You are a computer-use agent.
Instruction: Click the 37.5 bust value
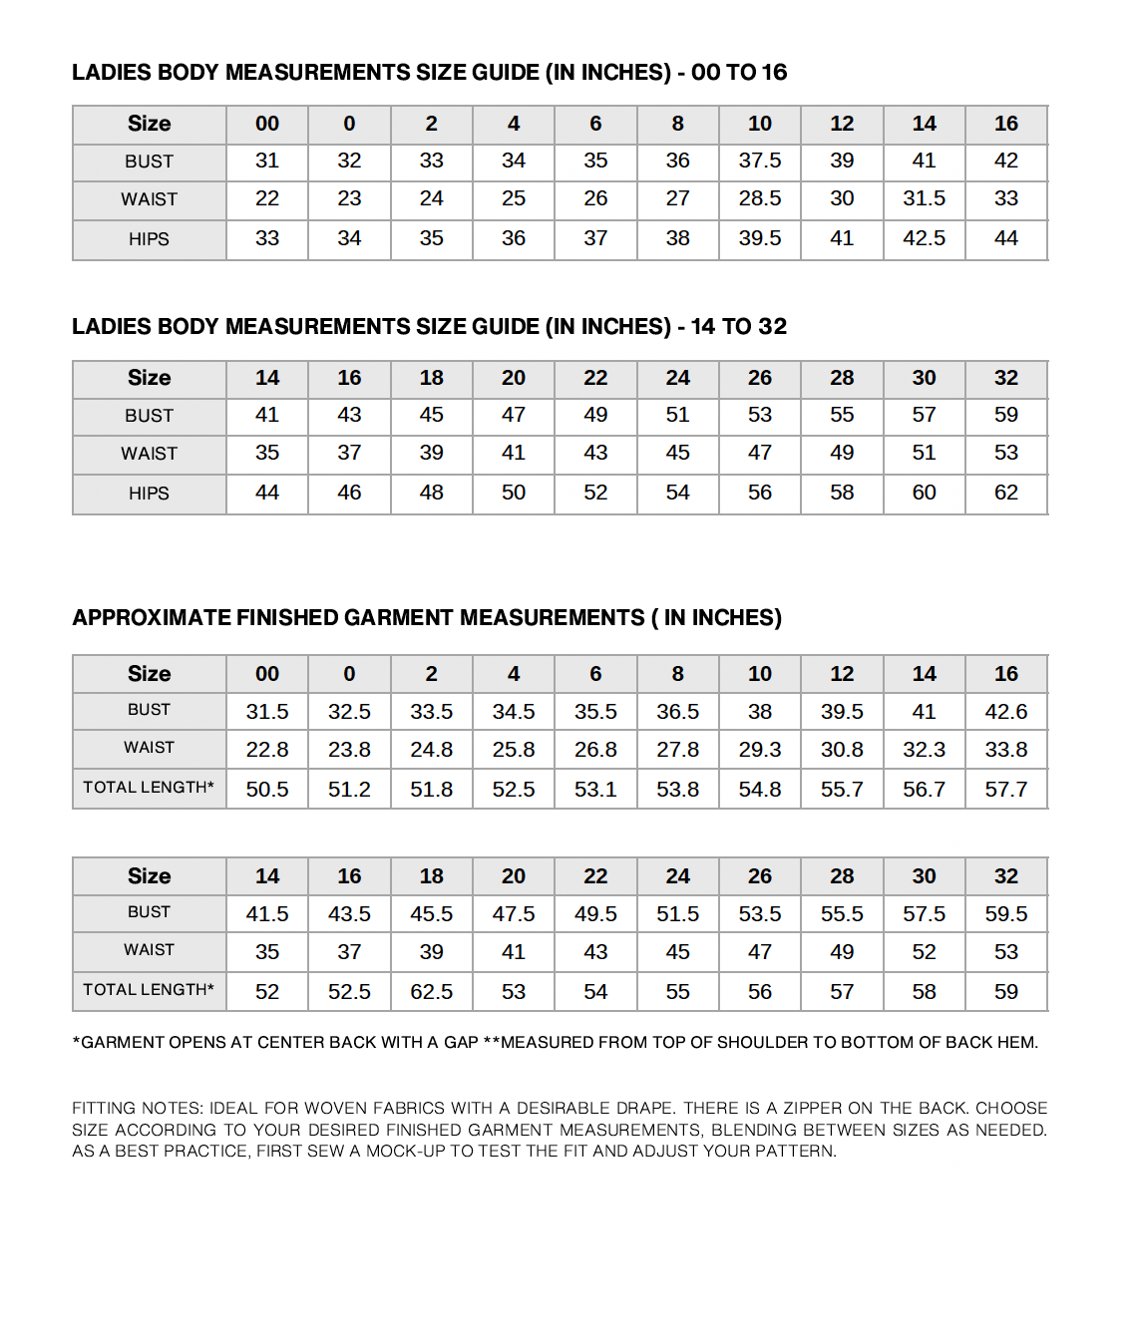coord(759,161)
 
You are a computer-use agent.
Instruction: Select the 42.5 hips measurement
coord(924,238)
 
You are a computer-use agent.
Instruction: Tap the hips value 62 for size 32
coord(1005,493)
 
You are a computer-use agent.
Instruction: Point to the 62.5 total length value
coord(431,992)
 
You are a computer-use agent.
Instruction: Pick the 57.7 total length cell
coord(1005,790)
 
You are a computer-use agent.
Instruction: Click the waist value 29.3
coord(759,750)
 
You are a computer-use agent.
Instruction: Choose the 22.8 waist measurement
coord(267,750)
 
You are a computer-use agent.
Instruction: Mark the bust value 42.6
coord(1005,712)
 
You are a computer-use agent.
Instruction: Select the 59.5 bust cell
coord(1005,914)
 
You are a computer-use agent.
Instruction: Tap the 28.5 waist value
coord(759,198)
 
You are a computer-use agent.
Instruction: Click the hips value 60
coord(924,493)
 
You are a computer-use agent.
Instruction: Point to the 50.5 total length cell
coord(267,790)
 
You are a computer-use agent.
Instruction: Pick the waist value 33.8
coord(1005,750)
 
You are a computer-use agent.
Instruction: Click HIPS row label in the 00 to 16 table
coord(149,239)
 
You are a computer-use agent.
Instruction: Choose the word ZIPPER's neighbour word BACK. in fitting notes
coord(937,1108)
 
